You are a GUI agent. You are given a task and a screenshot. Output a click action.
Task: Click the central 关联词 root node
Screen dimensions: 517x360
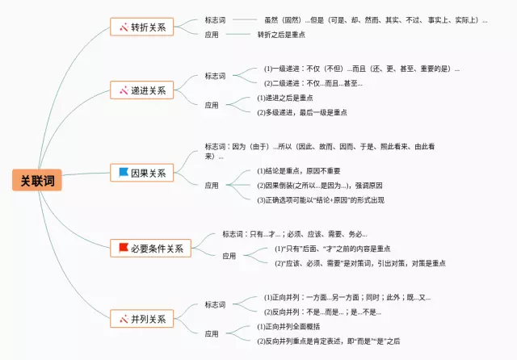37,179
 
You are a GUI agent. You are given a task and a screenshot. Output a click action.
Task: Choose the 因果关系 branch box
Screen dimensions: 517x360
141,173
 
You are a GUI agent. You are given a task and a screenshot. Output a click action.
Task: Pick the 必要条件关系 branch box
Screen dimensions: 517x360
150,248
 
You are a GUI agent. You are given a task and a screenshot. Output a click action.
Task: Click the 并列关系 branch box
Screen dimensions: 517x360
141,319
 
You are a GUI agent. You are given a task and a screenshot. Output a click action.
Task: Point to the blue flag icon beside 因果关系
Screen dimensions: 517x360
123,173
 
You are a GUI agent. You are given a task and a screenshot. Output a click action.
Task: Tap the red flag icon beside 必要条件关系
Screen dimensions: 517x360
123,248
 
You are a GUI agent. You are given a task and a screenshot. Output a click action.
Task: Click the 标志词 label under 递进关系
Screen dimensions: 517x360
215,76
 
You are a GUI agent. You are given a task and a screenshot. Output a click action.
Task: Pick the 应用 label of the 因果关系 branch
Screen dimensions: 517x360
212,185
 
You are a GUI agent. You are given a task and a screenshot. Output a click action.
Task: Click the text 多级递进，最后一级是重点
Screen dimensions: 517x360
301,112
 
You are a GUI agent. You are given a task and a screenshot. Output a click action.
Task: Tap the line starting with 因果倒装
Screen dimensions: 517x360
314,185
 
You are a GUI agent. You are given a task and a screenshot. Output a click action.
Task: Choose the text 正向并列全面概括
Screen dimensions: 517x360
288,326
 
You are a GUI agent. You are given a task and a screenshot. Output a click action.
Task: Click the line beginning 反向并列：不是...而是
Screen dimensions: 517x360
322,312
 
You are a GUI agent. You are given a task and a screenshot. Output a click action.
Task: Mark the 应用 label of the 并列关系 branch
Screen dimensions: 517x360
212,333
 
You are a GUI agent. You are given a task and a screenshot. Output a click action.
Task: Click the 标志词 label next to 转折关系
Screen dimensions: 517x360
215,19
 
